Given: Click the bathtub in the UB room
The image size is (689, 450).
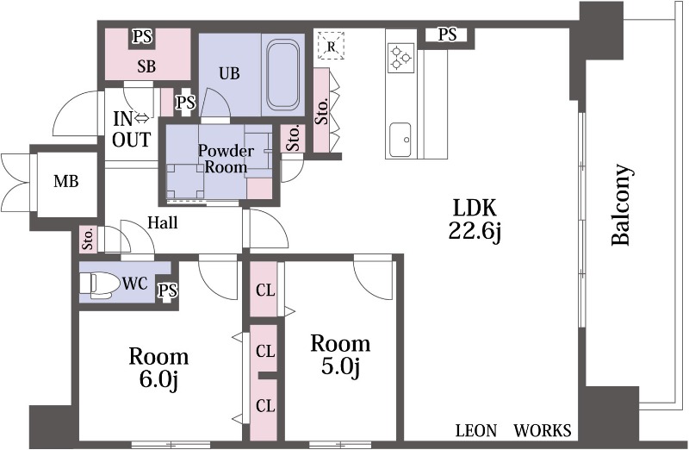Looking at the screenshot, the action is click(x=283, y=75).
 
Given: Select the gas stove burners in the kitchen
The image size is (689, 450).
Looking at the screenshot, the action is click(x=401, y=58).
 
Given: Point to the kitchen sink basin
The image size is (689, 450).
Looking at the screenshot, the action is click(x=400, y=139).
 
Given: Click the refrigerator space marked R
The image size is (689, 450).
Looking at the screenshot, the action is click(x=332, y=46).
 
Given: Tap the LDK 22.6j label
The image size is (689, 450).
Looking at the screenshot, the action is click(x=475, y=220).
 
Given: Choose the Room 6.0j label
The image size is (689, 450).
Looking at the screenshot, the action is click(x=158, y=368).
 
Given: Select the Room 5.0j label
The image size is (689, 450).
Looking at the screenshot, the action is click(x=340, y=354).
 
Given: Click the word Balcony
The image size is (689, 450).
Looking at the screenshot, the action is click(x=622, y=204).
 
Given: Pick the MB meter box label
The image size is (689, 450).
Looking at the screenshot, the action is click(x=66, y=181).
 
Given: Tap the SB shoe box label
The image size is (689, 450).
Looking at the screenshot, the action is click(x=146, y=66).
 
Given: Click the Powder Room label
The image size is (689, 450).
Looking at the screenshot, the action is click(x=226, y=159).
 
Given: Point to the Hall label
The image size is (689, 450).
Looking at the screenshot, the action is click(x=163, y=222).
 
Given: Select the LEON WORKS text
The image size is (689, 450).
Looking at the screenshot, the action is click(x=513, y=430).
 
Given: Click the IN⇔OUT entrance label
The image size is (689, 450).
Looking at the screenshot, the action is click(x=132, y=129).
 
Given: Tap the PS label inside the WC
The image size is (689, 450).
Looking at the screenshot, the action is click(x=168, y=291).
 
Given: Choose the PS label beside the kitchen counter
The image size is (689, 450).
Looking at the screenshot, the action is click(x=447, y=34).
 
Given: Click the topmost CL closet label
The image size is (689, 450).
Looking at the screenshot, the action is click(x=265, y=291).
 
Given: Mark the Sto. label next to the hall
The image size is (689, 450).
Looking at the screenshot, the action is click(x=89, y=240).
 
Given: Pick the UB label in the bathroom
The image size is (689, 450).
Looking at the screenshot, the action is click(x=229, y=73).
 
